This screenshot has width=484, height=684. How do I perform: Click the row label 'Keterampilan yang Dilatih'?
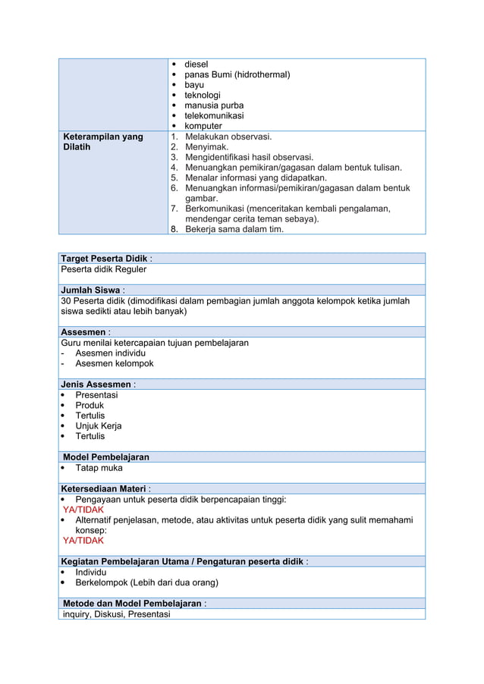pyautogui.click(x=102, y=142)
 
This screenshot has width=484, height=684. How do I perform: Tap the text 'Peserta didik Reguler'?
pyautogui.click(x=104, y=269)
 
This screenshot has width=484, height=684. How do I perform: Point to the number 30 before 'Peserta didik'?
pyautogui.click(x=67, y=301)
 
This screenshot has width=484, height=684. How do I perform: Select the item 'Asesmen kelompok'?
pyautogui.click(x=114, y=363)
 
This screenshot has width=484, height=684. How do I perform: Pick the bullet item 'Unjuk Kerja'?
pyautogui.click(x=98, y=426)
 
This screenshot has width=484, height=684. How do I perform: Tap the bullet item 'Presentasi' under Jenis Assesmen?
pyautogui.click(x=96, y=395)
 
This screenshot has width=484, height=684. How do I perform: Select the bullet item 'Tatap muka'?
pyautogui.click(x=99, y=468)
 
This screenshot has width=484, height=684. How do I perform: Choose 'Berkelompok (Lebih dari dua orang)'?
pyautogui.click(x=146, y=582)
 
